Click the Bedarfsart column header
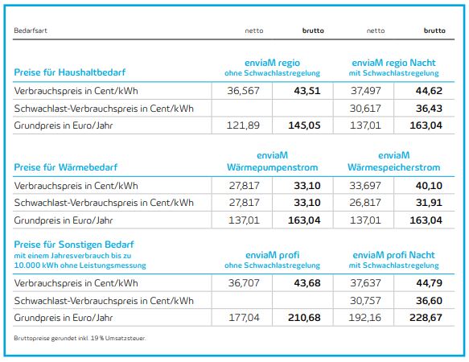pos(31,31)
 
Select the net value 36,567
pos(243,91)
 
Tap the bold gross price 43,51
pos(307,91)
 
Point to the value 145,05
pos(304,125)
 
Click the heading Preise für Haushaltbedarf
pos(70,72)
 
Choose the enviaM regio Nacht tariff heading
pos(393,63)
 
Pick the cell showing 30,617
pos(365,109)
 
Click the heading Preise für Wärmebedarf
pos(65,167)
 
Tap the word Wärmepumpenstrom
pos(272,167)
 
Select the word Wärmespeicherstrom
pos(393,167)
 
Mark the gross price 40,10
pos(429,186)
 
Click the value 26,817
pos(365,203)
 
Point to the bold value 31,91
pos(429,203)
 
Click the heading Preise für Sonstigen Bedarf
pos(74,245)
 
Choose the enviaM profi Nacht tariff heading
pos(393,255)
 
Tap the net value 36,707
pos(244,283)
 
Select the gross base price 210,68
pos(304,318)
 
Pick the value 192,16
pos(365,318)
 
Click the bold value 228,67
pos(426,318)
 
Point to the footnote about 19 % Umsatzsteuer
pos(80,339)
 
